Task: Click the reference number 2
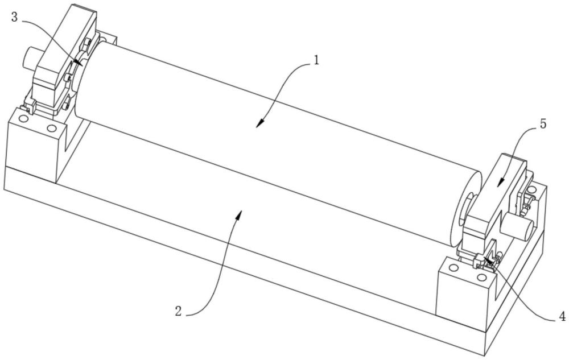point(179,311)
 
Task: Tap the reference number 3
point(14,17)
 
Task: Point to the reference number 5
point(543,123)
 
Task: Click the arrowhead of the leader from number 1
point(258,126)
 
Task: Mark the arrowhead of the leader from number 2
point(242,211)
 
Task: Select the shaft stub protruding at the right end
point(519,225)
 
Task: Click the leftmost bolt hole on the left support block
point(22,120)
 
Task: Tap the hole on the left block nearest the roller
point(52,128)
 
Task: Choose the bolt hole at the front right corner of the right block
point(482,278)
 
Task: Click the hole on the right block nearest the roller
point(453,267)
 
